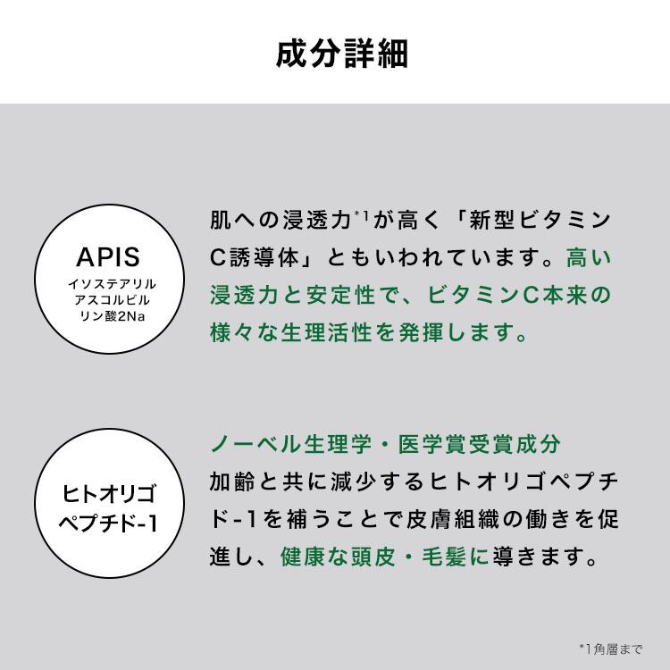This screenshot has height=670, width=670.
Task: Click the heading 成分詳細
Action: coord(342,54)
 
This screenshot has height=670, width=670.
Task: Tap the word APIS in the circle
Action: coord(108,256)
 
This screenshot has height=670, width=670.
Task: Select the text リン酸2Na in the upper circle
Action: coord(113,316)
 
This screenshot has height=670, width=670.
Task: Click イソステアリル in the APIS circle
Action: coord(112,284)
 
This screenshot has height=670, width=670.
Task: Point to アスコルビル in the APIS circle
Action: coord(112,300)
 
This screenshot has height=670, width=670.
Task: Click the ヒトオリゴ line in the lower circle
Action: coord(109,493)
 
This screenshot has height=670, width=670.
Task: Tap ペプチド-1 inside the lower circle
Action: coord(108,523)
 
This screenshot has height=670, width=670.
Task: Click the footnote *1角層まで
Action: coord(611,649)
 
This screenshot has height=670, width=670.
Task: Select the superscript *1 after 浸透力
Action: coord(361,214)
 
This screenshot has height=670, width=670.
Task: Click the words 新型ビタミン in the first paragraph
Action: coord(540,220)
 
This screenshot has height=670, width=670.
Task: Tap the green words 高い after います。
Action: coord(589,257)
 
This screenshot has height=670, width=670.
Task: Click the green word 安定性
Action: coord(340,296)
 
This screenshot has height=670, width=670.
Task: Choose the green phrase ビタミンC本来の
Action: coord(519,296)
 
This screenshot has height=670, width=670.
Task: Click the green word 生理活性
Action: coord(326,332)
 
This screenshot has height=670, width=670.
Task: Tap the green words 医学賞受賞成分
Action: coord(479,444)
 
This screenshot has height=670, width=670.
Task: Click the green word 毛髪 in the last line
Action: coord(443,557)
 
